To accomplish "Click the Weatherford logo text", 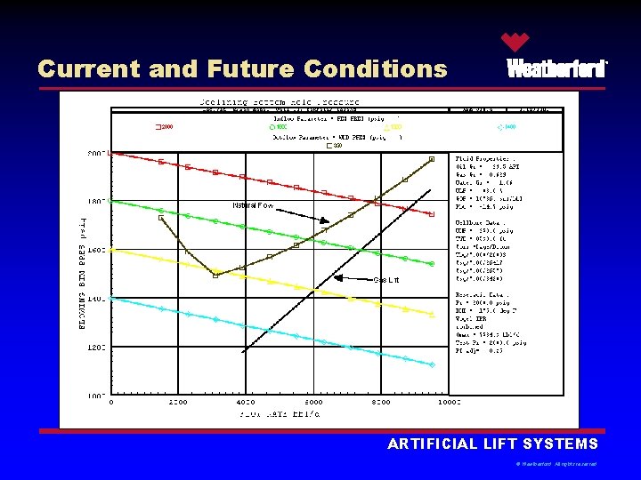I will pos(556,68).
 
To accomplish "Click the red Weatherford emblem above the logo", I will pos(515,42).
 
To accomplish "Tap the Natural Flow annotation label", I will pos(252,205).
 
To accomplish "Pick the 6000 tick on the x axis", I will pos(314,402).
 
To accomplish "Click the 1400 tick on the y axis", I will pos(96,299).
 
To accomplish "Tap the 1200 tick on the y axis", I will pos(96,347).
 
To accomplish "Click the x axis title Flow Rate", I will pos(280,413).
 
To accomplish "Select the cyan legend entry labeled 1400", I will pos(506,127).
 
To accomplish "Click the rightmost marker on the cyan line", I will pos(432,364).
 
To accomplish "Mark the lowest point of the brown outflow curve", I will pos(215,275).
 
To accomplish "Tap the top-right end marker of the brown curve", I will pos(432,159).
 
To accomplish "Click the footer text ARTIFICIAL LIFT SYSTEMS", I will pos(492,444).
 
